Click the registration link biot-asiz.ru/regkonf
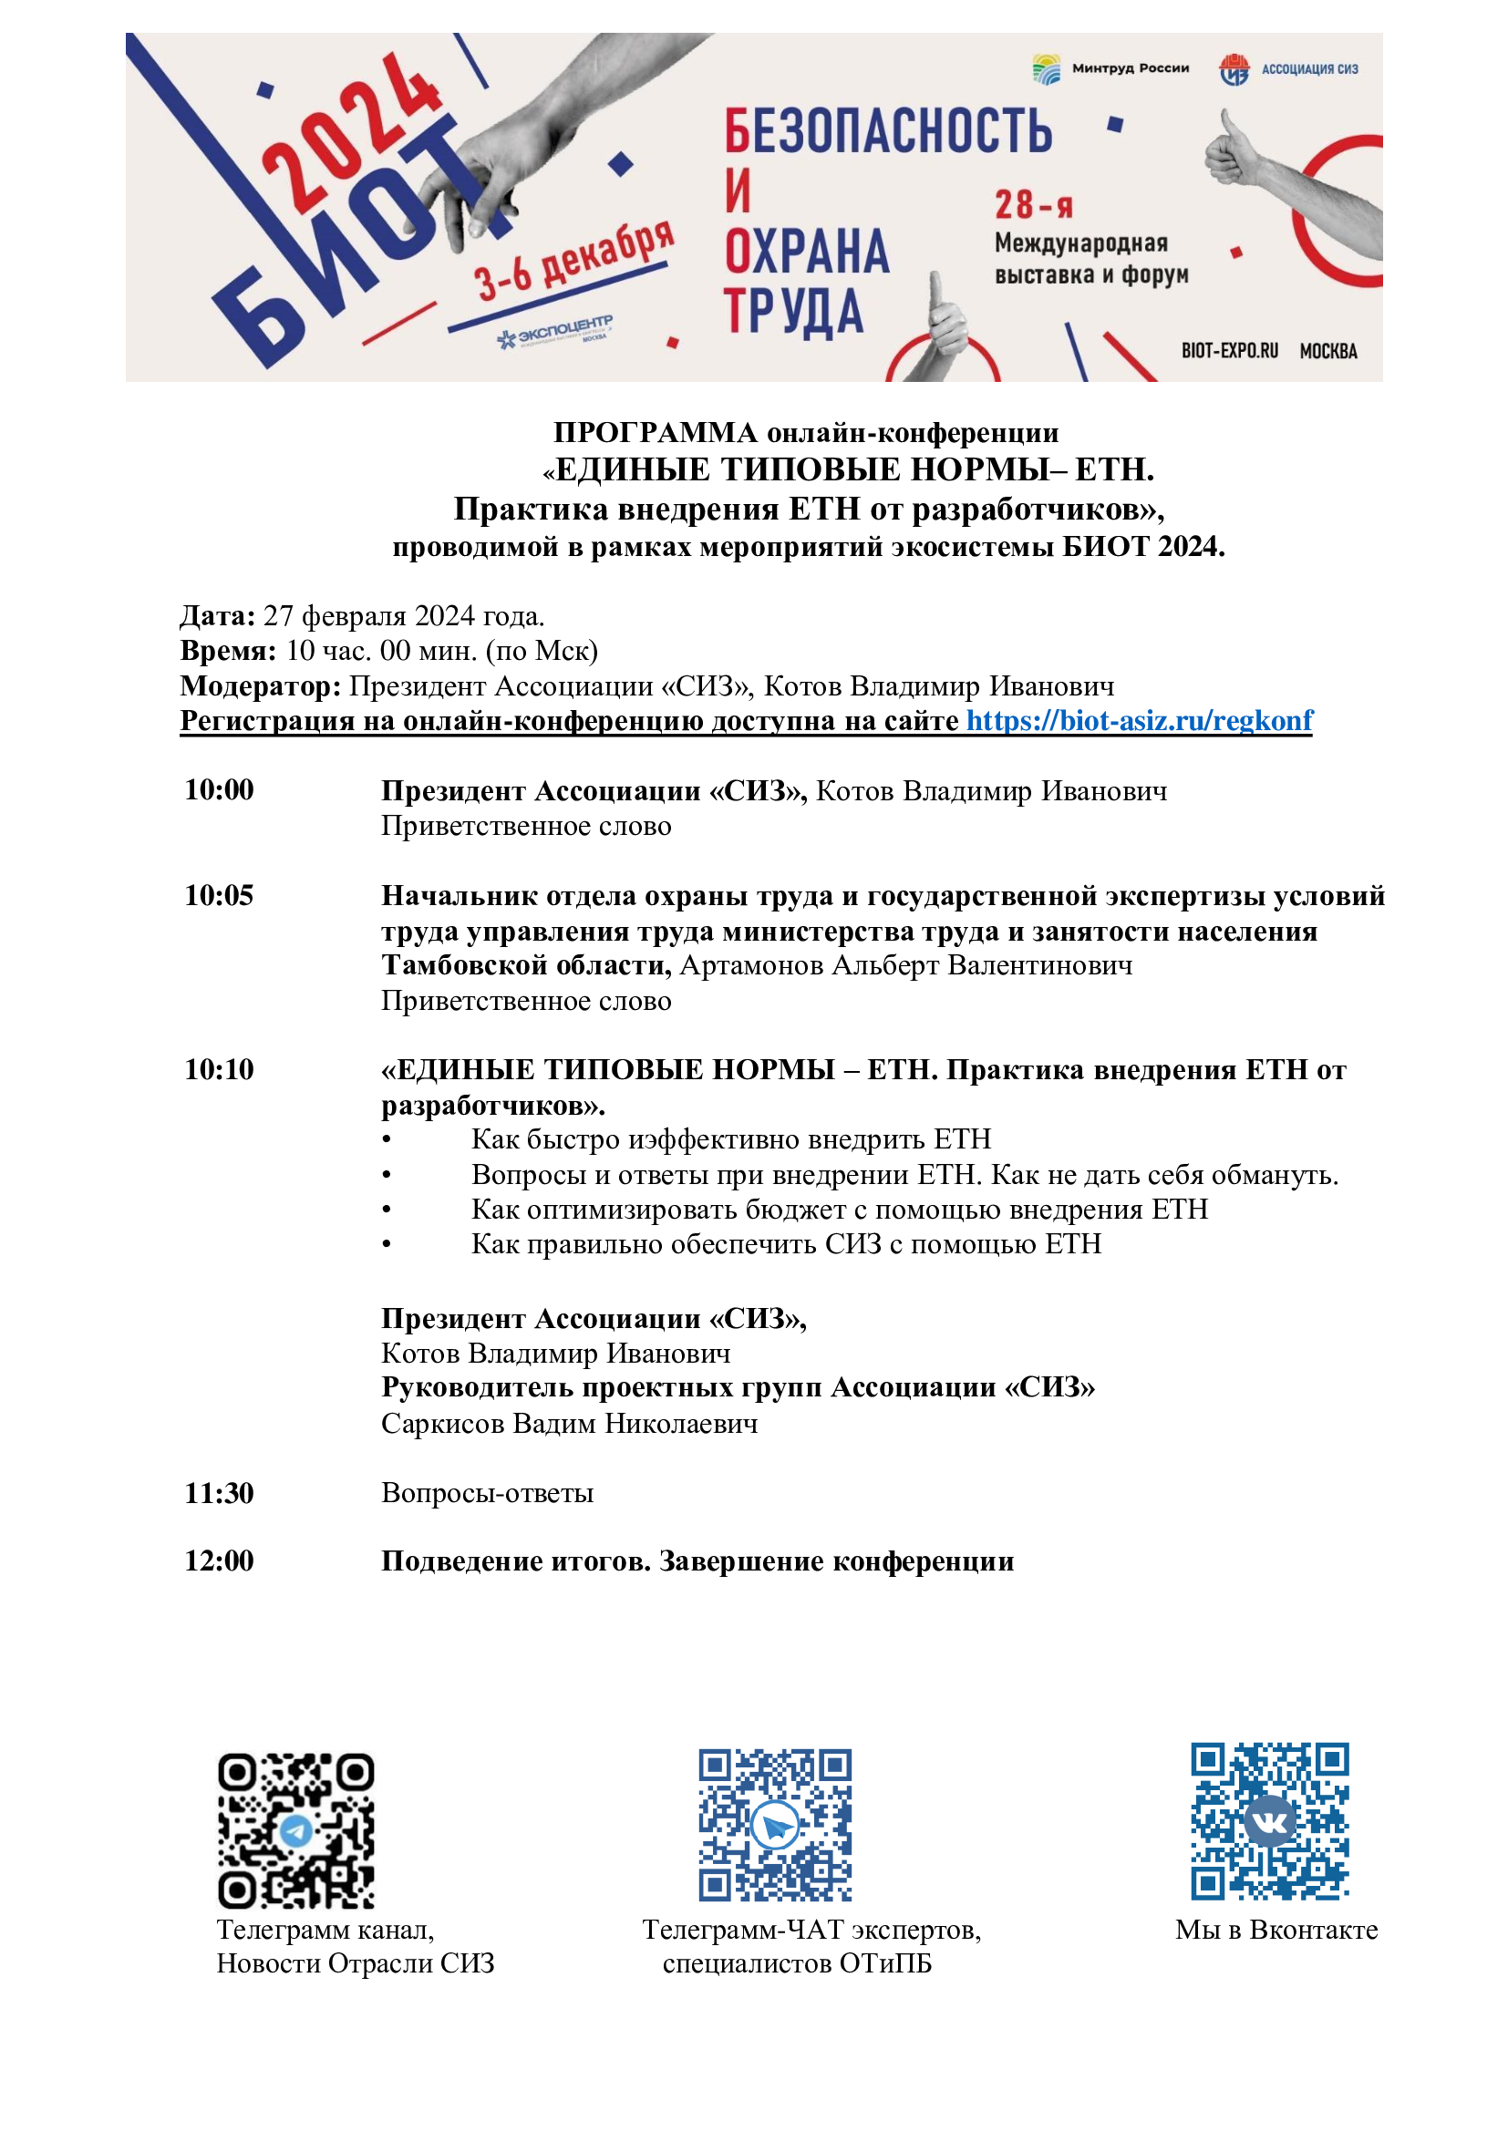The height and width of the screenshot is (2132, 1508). (1140, 721)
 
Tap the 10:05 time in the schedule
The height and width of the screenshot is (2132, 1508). (219, 895)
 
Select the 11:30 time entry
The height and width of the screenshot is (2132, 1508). (219, 1493)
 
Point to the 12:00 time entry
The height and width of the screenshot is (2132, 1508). (219, 1560)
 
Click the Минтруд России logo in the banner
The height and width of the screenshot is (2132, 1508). (1110, 68)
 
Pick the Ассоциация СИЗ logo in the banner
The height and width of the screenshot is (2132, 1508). (1288, 68)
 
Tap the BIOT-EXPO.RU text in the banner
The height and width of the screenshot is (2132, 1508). (1229, 351)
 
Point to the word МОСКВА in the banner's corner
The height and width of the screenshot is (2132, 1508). (1327, 351)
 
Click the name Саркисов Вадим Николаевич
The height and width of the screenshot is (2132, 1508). (569, 1424)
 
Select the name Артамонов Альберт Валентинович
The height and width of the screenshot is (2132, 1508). (905, 965)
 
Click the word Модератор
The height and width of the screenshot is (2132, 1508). (260, 686)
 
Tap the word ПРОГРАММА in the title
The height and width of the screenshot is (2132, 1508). (656, 433)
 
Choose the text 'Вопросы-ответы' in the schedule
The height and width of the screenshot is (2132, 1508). (488, 1493)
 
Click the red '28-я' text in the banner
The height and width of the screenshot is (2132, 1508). (1033, 204)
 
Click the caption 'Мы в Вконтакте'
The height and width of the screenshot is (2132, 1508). (1276, 1930)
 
